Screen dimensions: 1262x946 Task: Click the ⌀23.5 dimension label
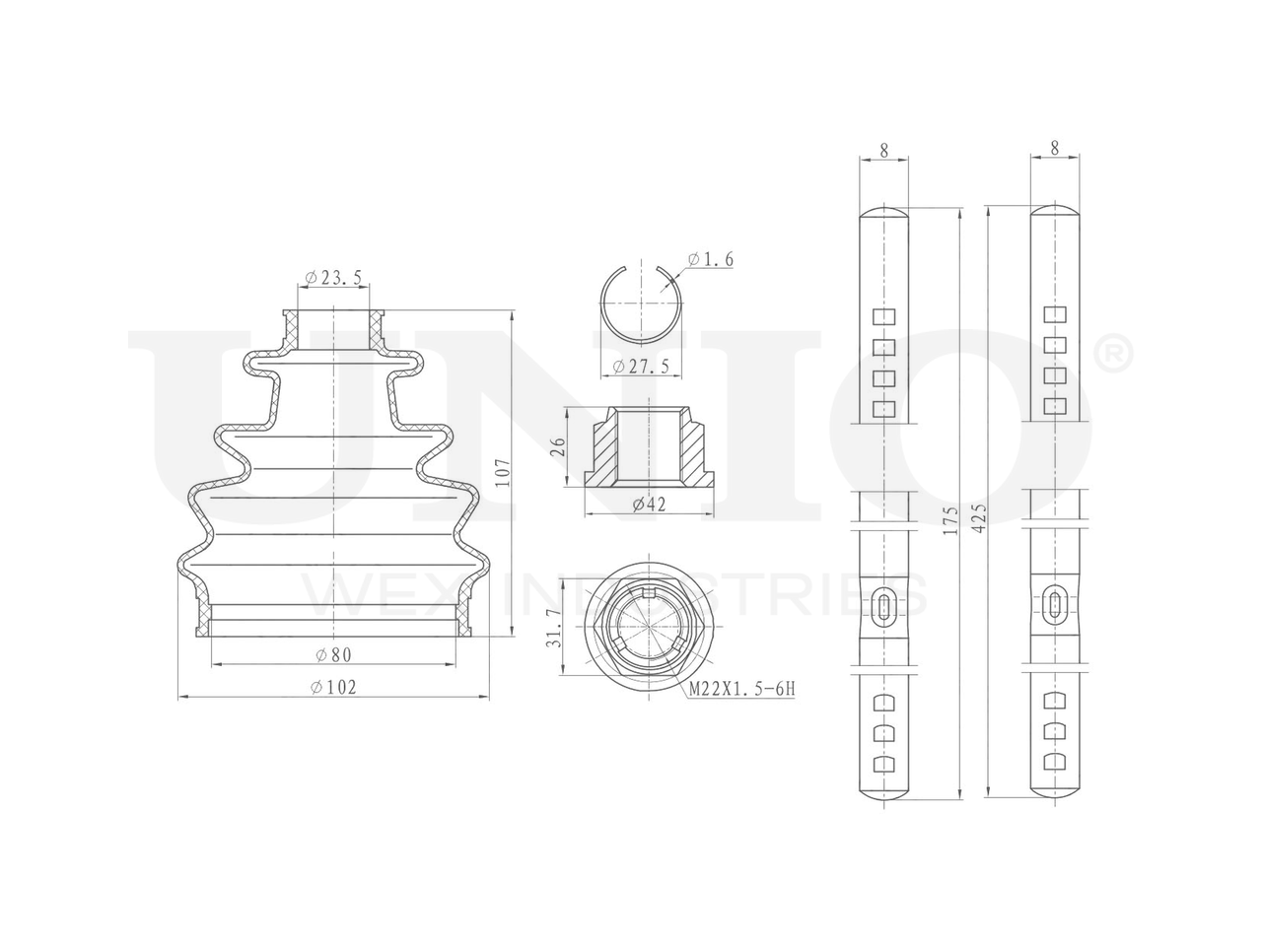click(x=333, y=278)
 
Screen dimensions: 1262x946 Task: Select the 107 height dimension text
click(x=503, y=472)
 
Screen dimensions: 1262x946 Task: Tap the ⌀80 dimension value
click(x=333, y=654)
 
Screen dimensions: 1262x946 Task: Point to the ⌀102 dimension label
click(x=333, y=687)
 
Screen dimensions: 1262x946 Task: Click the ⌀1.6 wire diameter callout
click(x=710, y=259)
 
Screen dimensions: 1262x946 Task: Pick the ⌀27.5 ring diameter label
click(x=641, y=367)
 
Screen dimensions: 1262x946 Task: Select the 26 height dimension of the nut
click(x=558, y=446)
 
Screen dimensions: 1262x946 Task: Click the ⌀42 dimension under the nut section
click(x=649, y=505)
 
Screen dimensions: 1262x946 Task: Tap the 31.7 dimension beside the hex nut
click(x=554, y=637)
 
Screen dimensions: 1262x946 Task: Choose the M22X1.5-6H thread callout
click(x=741, y=689)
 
